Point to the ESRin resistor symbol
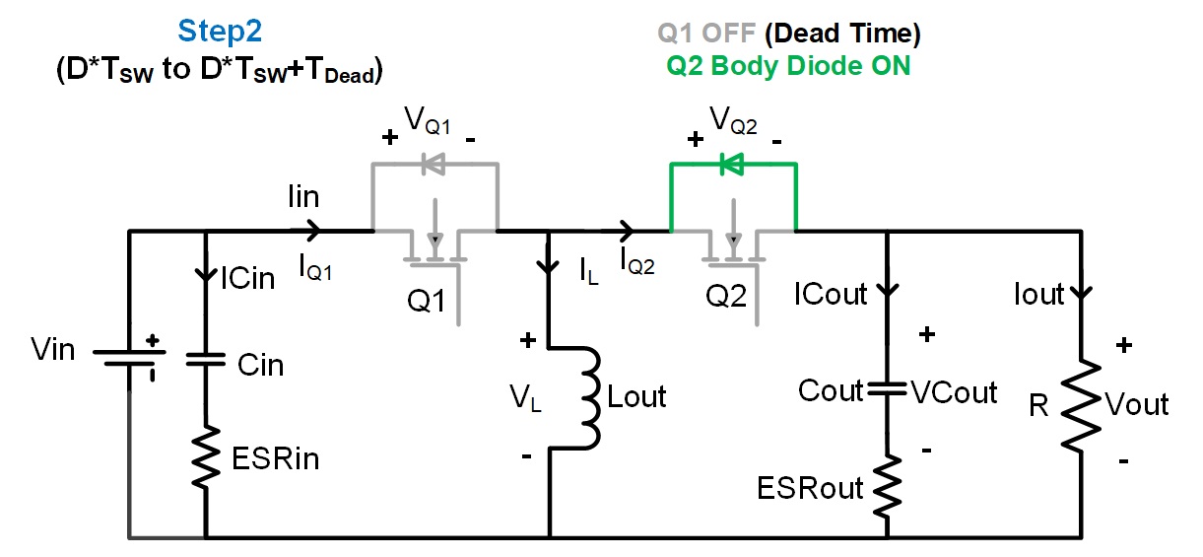tap(206, 456)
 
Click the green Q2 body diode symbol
tap(732, 165)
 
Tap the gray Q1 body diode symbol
tap(434, 165)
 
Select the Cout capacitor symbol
tap(888, 390)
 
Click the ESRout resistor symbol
tap(888, 484)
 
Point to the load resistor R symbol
tap(1081, 403)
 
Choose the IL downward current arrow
tap(548, 267)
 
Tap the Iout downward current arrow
tap(1081, 292)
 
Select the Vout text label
tap(1137, 404)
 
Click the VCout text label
tap(954, 391)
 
